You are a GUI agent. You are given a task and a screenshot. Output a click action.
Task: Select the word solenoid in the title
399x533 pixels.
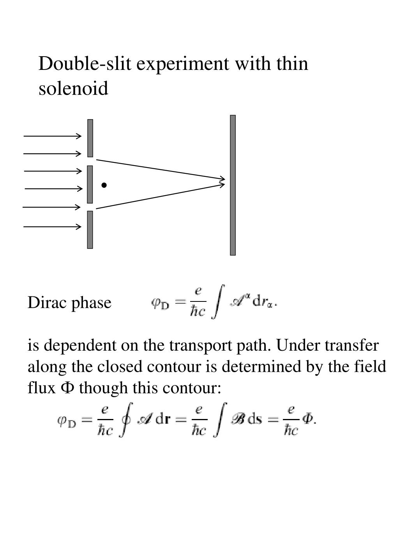pos(73,88)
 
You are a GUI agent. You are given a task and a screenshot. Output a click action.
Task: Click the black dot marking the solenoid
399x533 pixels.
pos(104,185)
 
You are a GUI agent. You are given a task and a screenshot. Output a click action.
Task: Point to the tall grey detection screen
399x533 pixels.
pos(233,185)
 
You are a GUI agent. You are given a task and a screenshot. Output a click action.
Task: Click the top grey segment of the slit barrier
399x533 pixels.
pos(90,138)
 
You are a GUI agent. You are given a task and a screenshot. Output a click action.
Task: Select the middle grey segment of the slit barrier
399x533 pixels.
pos(90,184)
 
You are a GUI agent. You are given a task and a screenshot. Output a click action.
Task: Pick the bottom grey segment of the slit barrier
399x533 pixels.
pos(90,230)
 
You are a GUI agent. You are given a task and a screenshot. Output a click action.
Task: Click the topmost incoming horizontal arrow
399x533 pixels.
pos(53,136)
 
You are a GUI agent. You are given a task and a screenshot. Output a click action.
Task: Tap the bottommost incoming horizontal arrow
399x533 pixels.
pos(53,226)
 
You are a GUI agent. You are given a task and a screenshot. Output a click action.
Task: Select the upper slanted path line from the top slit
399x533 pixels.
pos(160,169)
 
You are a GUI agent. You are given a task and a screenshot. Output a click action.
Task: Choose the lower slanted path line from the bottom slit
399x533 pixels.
pos(160,196)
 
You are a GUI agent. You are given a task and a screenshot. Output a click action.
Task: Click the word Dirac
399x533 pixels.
pos(46,303)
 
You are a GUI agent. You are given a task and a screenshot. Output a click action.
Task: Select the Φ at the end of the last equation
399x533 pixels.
pos(308,419)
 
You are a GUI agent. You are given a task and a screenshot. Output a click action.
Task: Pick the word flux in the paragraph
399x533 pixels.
pos(42,388)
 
